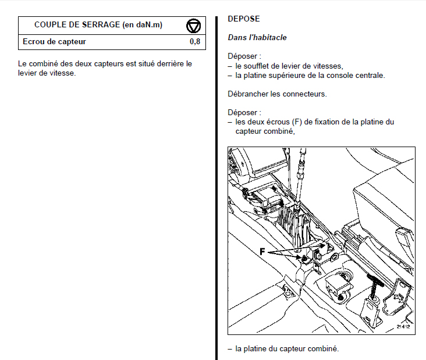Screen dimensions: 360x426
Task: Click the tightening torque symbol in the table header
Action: click(x=193, y=25)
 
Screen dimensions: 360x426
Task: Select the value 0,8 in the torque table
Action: click(x=194, y=42)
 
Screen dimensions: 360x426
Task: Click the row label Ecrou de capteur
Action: click(x=54, y=42)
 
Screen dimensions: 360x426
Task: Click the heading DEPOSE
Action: click(x=244, y=19)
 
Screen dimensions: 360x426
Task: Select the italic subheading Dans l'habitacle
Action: click(x=257, y=38)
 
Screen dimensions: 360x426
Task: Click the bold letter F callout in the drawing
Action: click(x=262, y=252)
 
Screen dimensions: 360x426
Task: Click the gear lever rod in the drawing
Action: click(x=301, y=174)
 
